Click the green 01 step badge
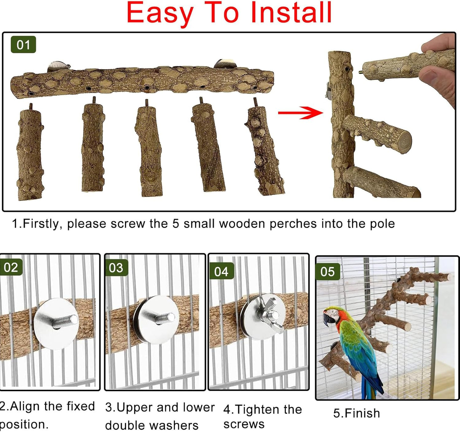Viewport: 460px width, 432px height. [23, 45]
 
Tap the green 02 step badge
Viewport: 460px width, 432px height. [11, 267]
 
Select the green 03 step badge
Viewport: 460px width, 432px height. [116, 268]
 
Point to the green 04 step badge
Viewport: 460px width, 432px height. [221, 271]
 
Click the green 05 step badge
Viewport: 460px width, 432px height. [327, 271]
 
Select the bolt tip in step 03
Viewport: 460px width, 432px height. [171, 317]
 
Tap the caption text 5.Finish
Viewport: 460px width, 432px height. [357, 413]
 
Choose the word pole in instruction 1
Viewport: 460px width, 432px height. [382, 224]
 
